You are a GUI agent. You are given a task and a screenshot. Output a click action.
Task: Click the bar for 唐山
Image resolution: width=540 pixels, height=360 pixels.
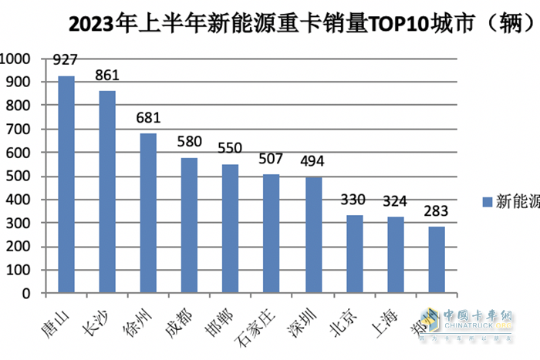point(66,185)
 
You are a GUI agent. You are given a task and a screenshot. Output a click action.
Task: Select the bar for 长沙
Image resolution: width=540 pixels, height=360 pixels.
point(107,193)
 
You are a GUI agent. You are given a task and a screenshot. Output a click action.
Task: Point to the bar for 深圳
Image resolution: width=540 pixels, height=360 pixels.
point(313,236)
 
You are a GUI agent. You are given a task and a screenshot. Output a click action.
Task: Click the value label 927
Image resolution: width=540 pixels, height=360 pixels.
point(66,59)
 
